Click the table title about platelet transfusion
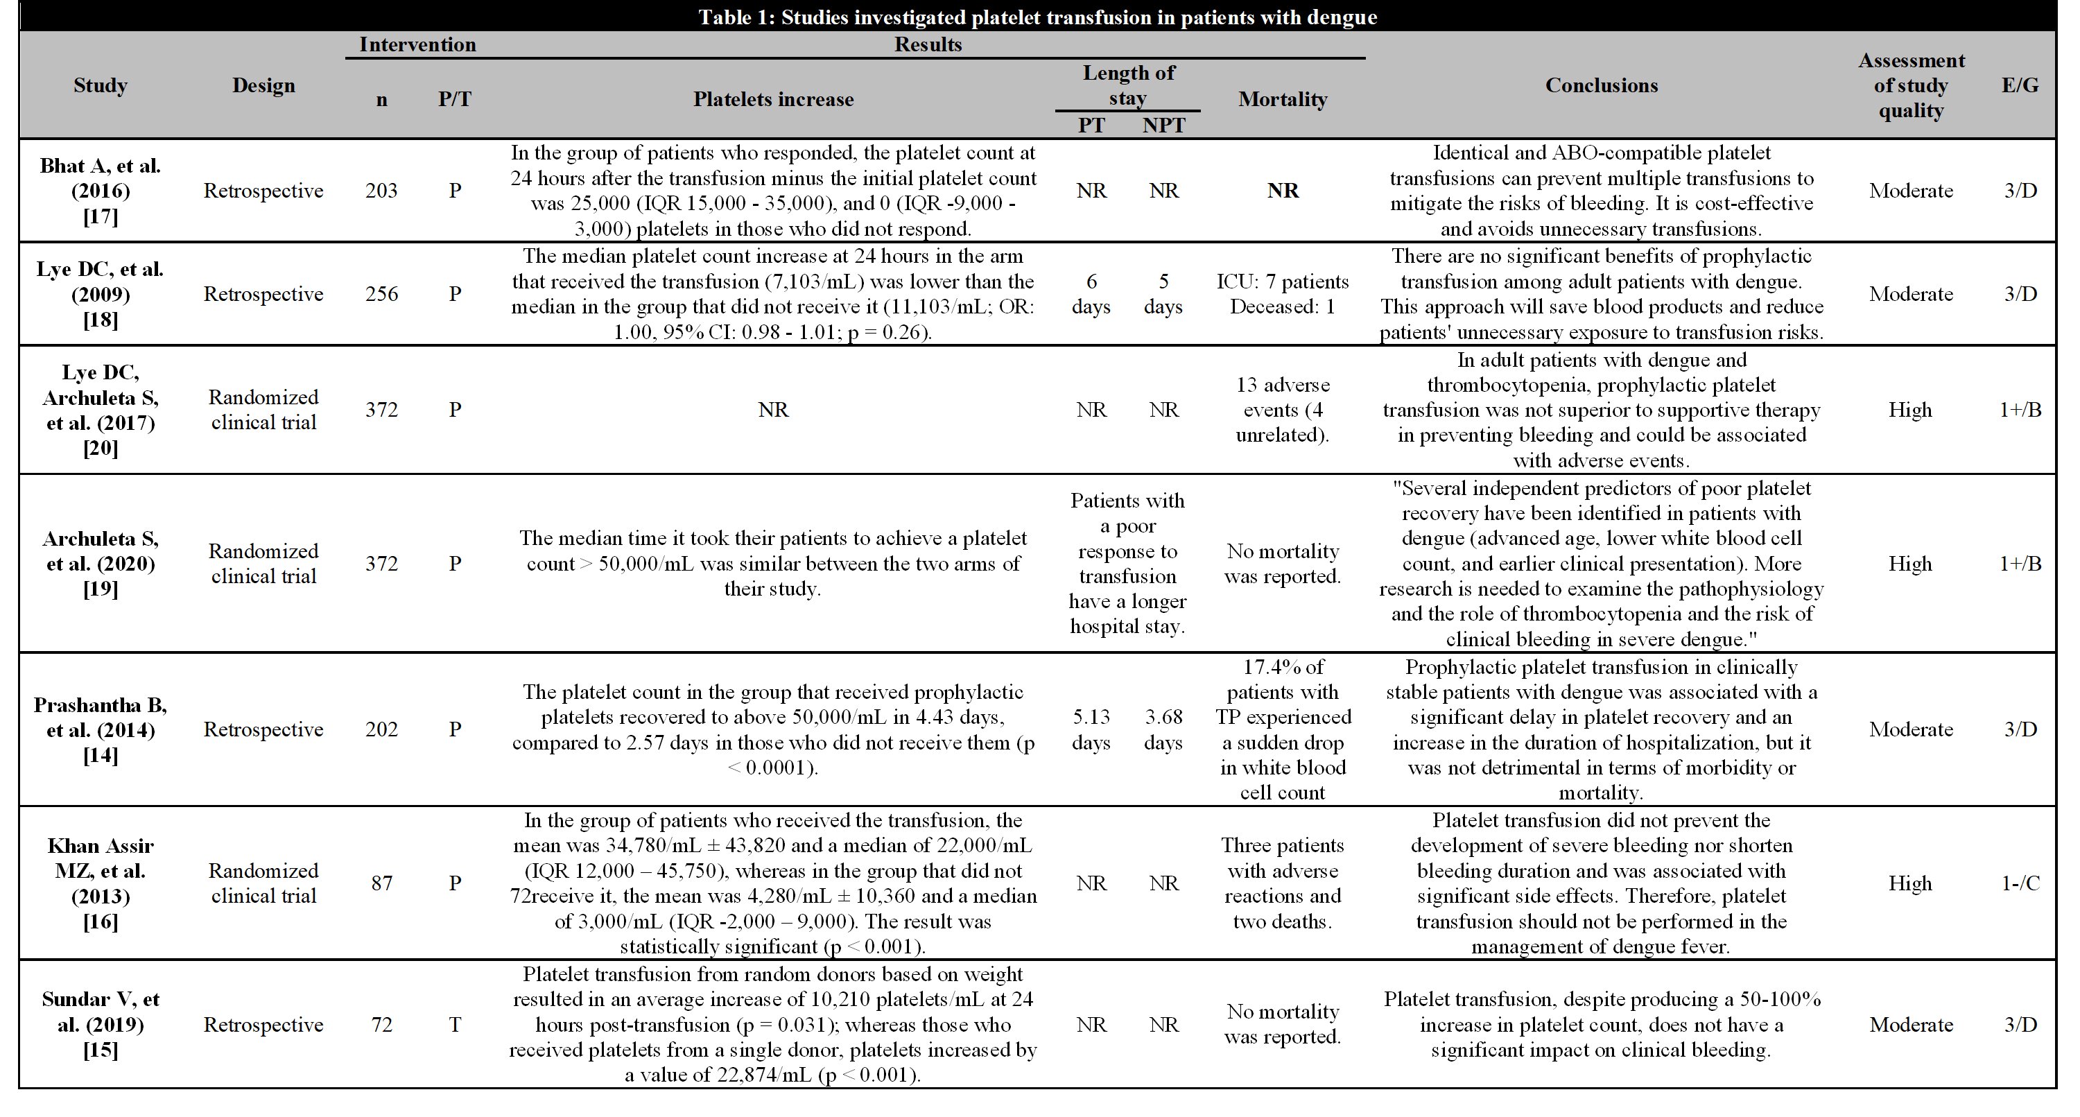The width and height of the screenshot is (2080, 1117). tap(1038, 17)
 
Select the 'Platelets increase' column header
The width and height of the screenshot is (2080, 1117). tap(773, 99)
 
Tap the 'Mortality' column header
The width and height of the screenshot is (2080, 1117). tap(1282, 99)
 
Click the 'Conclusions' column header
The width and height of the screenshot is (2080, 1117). tap(1601, 85)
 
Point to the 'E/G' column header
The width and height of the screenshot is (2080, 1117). tap(2020, 85)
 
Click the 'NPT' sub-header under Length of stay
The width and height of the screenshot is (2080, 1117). tap(1163, 125)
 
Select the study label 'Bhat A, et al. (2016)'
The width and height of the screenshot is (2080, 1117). tap(100, 191)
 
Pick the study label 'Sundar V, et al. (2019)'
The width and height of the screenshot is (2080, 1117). tap(100, 1024)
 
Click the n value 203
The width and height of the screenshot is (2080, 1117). tap(381, 191)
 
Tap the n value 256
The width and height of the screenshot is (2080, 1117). tap(381, 294)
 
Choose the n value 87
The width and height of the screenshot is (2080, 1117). tap(381, 883)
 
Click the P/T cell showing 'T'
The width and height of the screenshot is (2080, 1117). tap(455, 1024)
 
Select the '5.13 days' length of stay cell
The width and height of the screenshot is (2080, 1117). tap(1091, 729)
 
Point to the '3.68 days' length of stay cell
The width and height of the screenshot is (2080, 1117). tap(1163, 729)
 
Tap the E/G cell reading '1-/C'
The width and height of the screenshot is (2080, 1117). tap(2020, 883)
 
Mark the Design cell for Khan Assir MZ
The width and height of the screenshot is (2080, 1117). tap(263, 883)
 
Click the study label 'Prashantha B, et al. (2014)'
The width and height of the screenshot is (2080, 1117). tap(100, 729)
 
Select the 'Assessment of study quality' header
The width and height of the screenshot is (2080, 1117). tap(1910, 85)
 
